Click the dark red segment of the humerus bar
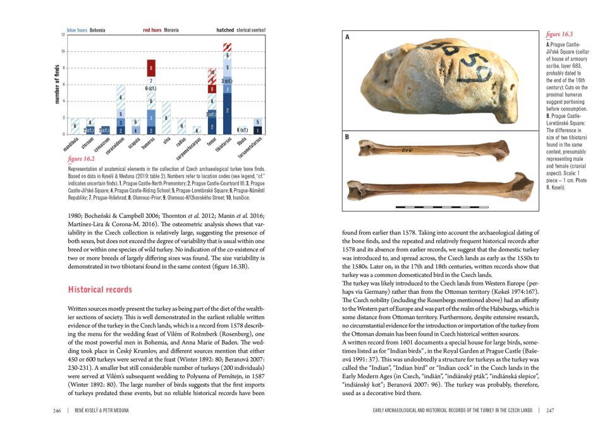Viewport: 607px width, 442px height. pyautogui.click(x=151, y=66)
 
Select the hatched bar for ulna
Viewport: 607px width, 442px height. pyautogui.click(x=166, y=118)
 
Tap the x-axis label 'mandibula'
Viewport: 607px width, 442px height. pyautogui.click(x=75, y=146)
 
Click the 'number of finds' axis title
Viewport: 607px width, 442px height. pyautogui.click(x=56, y=84)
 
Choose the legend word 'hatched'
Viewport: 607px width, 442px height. pyautogui.click(x=226, y=30)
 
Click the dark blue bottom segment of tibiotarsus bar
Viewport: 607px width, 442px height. pyautogui.click(x=227, y=113)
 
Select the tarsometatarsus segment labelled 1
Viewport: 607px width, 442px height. pyautogui.click(x=257, y=130)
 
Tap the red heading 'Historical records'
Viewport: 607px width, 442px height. pyautogui.click(x=99, y=289)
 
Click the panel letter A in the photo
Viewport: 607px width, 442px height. pyautogui.click(x=347, y=38)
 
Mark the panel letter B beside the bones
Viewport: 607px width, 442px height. pyautogui.click(x=347, y=137)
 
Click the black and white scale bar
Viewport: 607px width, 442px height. pyautogui.click(x=436, y=206)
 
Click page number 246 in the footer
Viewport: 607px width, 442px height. pyautogui.click(x=57, y=411)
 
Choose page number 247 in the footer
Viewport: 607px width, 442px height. pyautogui.click(x=549, y=411)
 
